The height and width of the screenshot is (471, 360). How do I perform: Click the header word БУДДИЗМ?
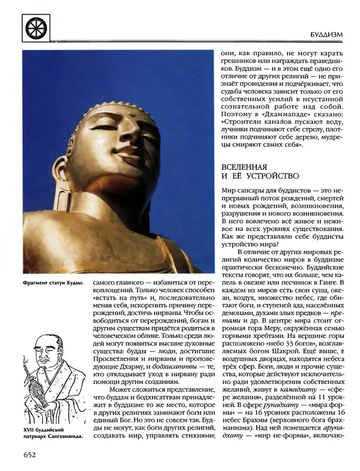(x=325, y=35)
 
